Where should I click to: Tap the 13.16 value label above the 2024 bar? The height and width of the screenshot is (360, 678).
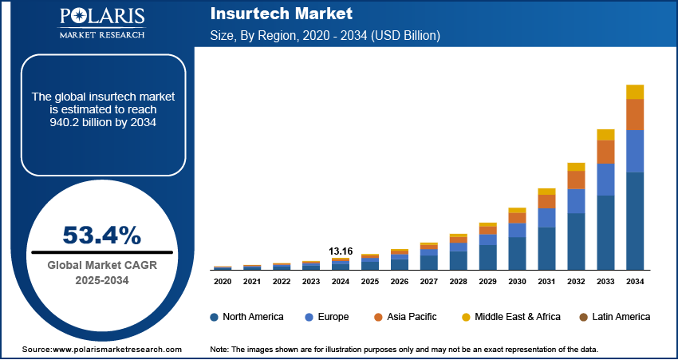coord(341,251)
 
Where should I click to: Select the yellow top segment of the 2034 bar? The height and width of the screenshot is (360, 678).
coord(635,92)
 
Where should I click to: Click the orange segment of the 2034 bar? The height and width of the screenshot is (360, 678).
coord(635,115)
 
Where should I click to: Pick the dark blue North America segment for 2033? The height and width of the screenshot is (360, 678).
coord(605,232)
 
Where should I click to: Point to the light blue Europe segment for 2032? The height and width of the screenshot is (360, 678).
coord(576,201)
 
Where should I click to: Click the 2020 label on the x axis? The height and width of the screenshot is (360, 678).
coord(223,282)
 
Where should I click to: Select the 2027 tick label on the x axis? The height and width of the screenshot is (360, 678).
coord(429,282)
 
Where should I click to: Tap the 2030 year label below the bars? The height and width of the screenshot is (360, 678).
coord(517,282)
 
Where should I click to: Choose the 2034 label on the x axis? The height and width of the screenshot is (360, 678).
coord(635,282)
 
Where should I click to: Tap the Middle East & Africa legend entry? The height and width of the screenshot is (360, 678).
coord(510,317)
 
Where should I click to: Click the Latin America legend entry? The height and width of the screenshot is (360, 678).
coord(614,317)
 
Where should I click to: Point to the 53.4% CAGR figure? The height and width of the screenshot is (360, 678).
coord(102,235)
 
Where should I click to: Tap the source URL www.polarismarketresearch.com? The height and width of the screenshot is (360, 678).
coord(117,350)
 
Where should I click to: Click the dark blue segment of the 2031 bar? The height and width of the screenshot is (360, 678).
coord(546,248)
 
